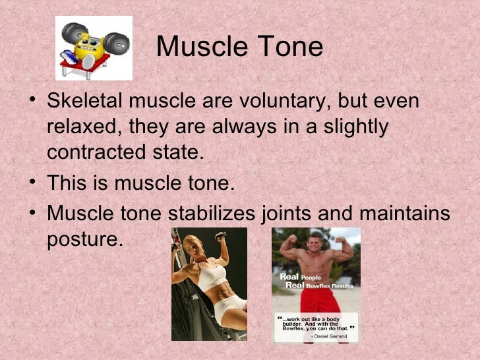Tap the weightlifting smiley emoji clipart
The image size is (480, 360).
[x=93, y=48]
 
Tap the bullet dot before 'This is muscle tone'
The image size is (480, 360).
[x=34, y=183]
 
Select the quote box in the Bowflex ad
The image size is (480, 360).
[x=316, y=327]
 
